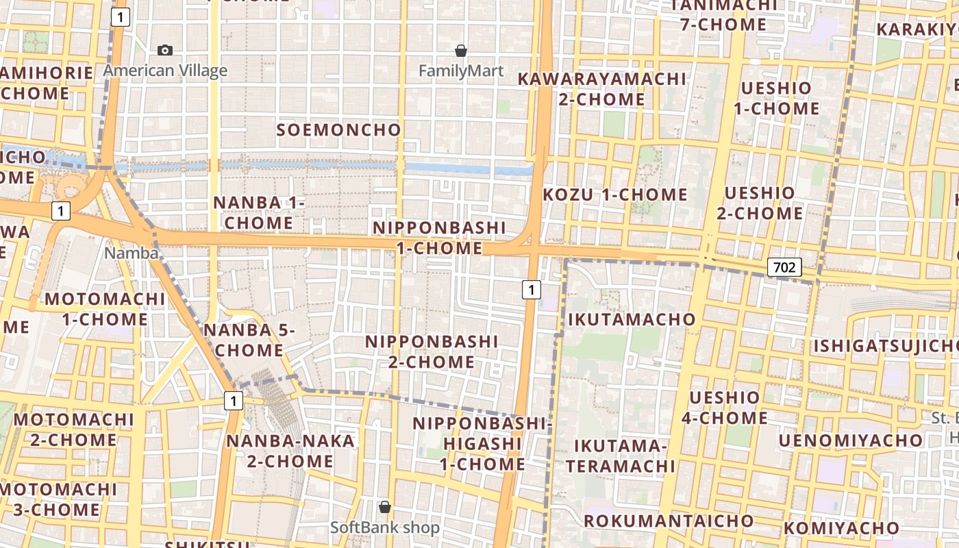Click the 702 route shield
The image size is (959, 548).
784,267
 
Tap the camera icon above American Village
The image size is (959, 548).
164,50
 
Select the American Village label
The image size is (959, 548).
165,71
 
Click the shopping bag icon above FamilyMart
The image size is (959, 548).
461,51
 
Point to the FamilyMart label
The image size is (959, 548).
461,71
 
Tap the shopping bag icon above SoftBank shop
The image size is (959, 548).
385,507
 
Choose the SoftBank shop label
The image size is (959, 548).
385,527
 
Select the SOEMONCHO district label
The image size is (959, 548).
338,129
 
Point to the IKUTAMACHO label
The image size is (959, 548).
632,319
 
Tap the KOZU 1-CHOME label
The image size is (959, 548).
615,195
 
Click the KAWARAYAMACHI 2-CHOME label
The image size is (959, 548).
601,89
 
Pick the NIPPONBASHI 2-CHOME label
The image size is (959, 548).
432,351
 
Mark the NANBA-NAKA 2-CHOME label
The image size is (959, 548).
290,451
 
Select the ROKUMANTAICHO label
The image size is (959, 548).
668,521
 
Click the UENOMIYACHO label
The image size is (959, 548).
851,440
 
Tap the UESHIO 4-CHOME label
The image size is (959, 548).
725,408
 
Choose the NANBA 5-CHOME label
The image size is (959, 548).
249,340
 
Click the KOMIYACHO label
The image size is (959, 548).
841,528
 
